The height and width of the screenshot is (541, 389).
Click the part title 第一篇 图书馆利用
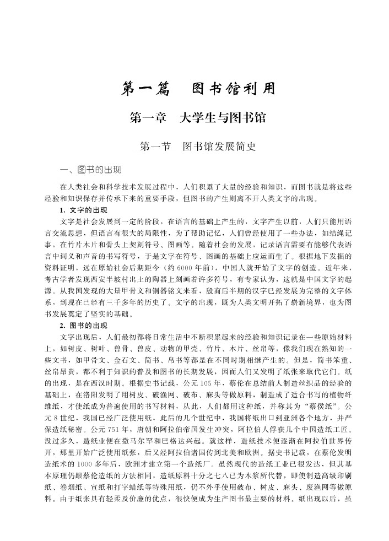[197, 89]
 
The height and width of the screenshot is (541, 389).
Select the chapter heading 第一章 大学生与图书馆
[197, 118]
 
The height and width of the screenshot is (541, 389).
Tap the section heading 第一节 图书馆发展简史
[197, 147]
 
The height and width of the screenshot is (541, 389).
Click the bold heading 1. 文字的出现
[84, 211]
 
